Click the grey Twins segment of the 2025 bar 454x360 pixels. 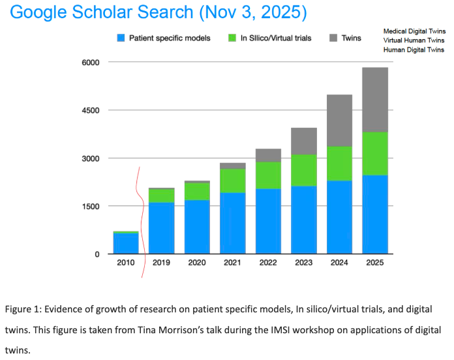[x=375, y=100]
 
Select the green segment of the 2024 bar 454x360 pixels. [x=339, y=164]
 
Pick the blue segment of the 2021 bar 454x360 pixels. [x=233, y=223]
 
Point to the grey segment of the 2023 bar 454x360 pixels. [x=304, y=141]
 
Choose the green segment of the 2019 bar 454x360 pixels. [x=162, y=196]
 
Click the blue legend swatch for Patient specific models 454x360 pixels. [x=121, y=38]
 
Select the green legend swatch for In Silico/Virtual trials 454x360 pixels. [x=231, y=38]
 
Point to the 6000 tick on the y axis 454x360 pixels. [x=89, y=63]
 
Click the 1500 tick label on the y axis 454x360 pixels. [x=89, y=207]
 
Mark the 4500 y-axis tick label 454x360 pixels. [x=89, y=110]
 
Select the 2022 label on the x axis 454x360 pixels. [x=268, y=263]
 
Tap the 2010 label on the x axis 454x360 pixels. [x=126, y=263]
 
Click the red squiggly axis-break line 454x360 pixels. [x=139, y=222]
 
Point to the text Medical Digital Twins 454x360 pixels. [x=414, y=31]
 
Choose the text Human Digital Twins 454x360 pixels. [x=414, y=50]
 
